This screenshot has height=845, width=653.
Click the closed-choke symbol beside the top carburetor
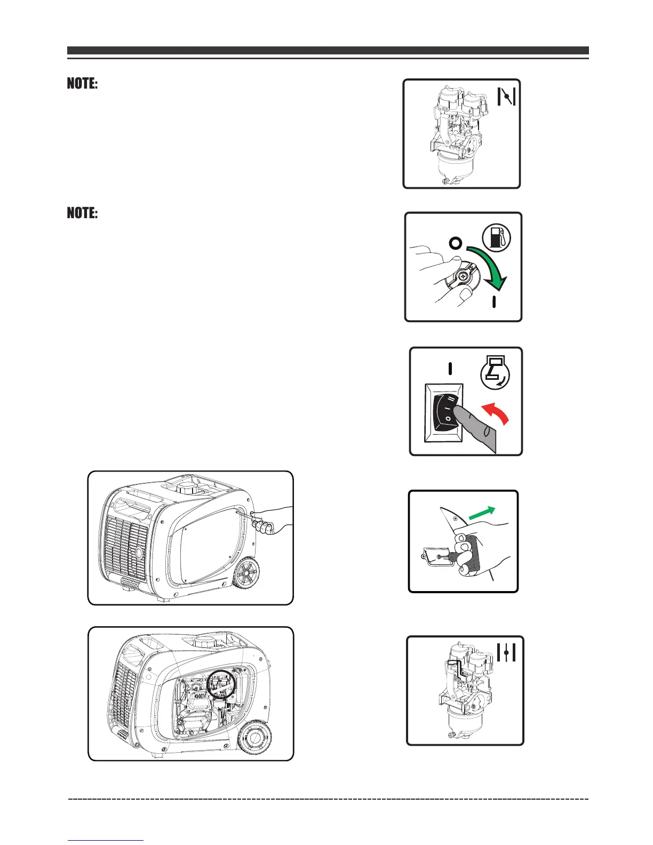(506, 96)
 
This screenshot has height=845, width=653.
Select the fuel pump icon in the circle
(496, 237)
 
